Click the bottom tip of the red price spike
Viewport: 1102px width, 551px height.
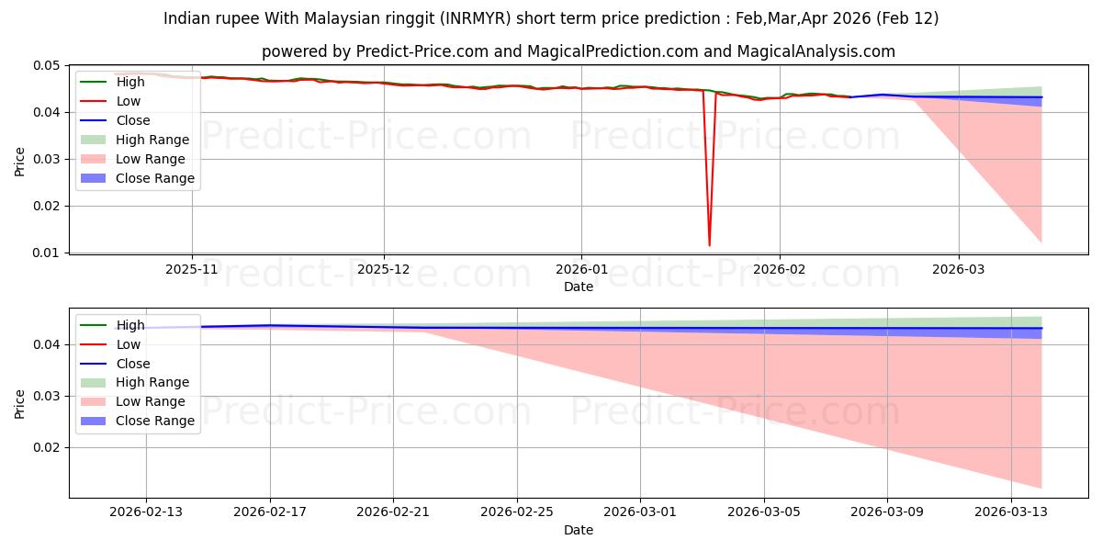click(709, 245)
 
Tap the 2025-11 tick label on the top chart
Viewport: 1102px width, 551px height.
click(192, 269)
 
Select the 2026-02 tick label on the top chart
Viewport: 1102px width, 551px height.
click(780, 269)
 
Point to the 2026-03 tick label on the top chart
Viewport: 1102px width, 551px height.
click(959, 269)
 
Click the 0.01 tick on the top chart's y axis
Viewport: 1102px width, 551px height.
click(48, 253)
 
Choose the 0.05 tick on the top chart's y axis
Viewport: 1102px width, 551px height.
click(48, 66)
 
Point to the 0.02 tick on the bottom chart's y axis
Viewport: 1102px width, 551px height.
click(48, 448)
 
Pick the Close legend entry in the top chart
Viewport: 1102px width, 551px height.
click(133, 120)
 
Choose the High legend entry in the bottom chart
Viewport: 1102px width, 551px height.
click(130, 325)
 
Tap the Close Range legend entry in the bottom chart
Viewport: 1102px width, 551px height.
click(155, 421)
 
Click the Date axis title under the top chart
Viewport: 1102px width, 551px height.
click(579, 287)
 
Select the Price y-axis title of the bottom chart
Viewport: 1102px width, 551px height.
click(20, 403)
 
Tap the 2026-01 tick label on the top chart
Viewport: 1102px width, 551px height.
click(580, 269)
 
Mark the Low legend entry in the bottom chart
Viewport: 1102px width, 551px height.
click(129, 344)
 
